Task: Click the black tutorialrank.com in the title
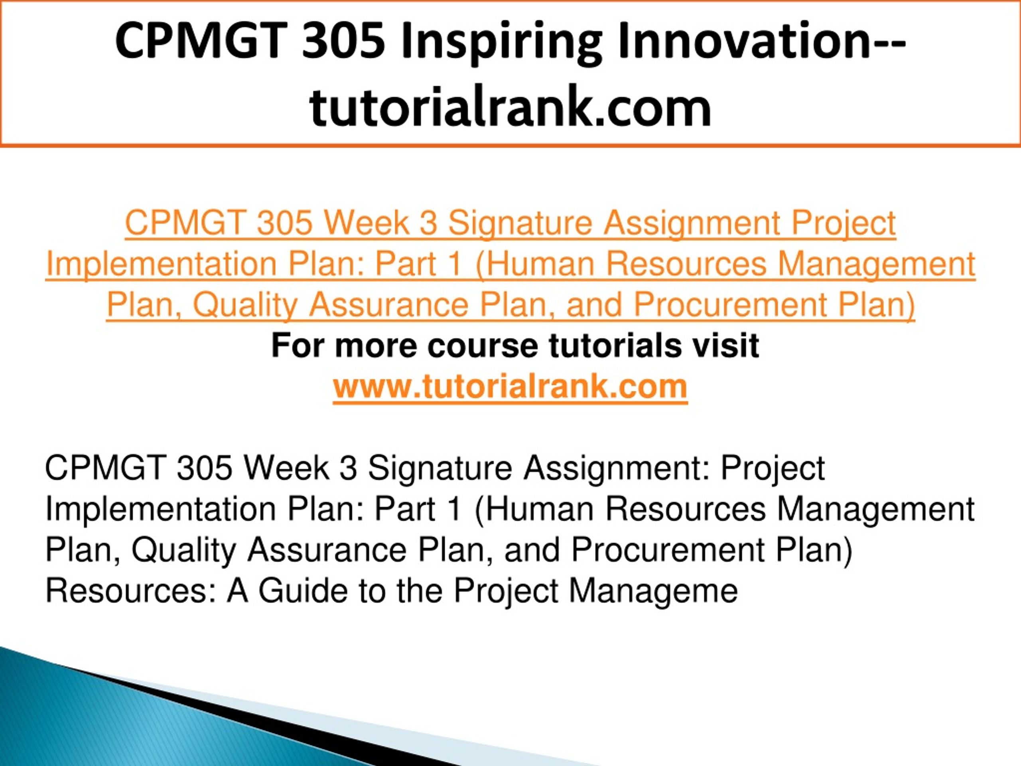click(x=510, y=107)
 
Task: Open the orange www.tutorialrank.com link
click(x=510, y=387)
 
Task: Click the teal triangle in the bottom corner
click(x=138, y=720)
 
